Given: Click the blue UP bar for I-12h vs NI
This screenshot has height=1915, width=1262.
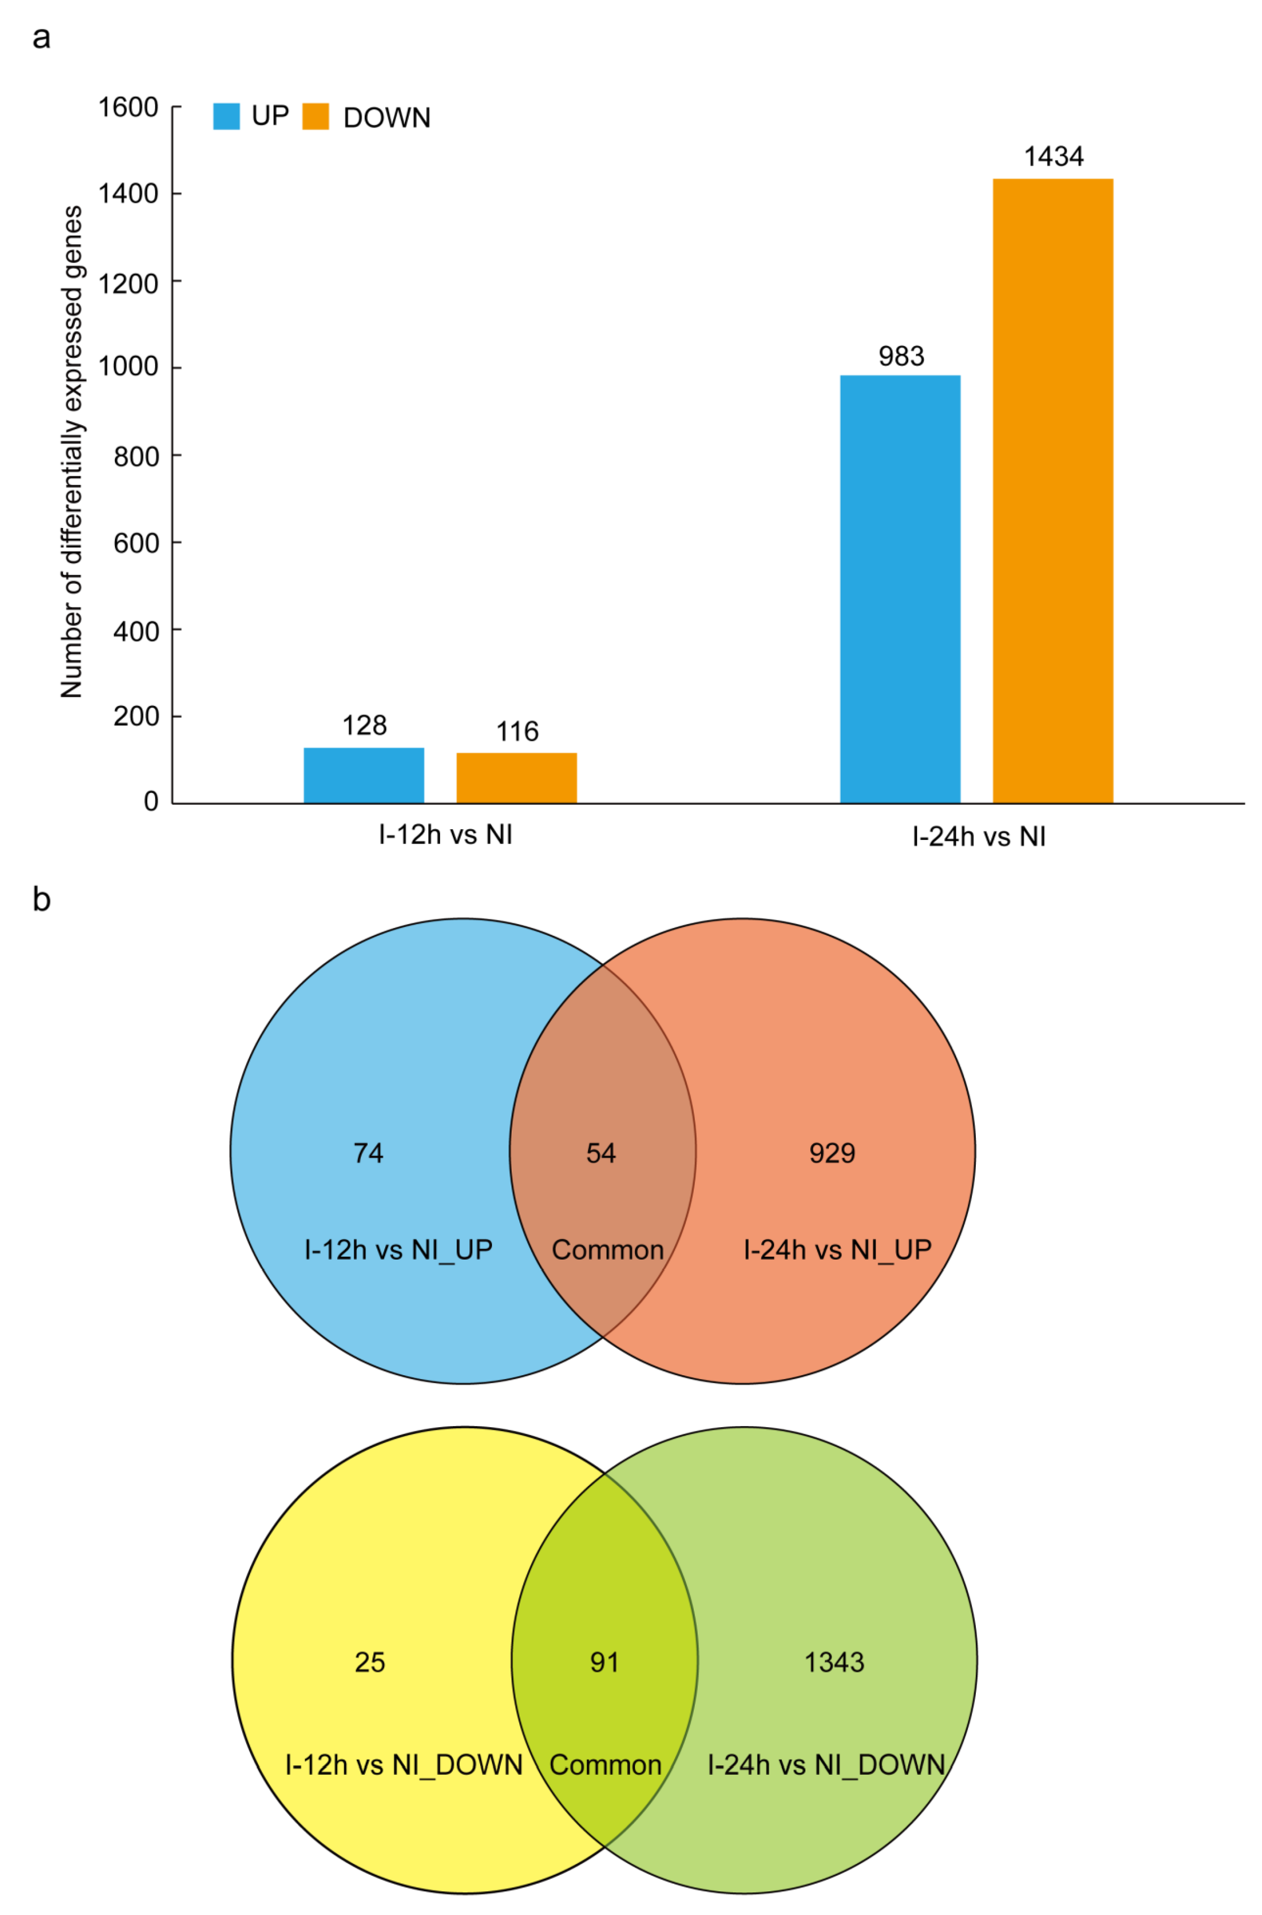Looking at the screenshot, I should click(x=364, y=775).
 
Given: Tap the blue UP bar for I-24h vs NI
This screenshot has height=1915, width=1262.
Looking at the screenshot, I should click(x=900, y=588).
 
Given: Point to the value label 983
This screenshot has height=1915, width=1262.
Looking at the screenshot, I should click(x=900, y=356).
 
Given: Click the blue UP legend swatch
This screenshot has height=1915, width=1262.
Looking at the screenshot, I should click(x=226, y=117).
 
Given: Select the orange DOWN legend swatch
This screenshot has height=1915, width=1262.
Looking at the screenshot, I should click(x=316, y=117).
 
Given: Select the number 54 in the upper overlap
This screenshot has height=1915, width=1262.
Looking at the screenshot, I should click(x=600, y=1153).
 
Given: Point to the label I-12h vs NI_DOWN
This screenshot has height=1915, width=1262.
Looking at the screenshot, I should click(x=404, y=1764).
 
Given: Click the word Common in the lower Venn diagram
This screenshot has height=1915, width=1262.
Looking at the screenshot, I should click(x=605, y=1764).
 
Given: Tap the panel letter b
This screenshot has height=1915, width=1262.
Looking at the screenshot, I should click(x=41, y=900).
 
